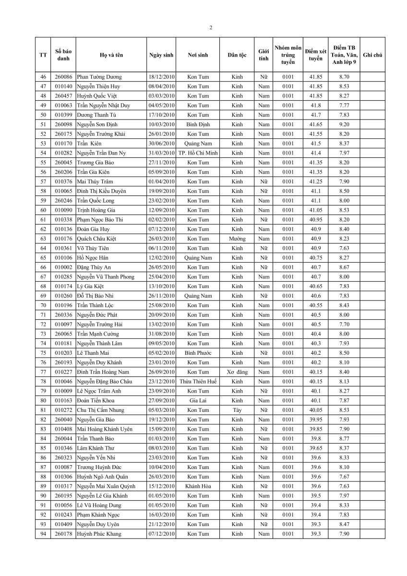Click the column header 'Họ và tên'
(x=111, y=55)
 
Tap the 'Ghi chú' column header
(x=372, y=55)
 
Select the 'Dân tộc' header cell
(x=237, y=55)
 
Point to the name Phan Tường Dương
(x=99, y=77)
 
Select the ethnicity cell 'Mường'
(x=237, y=239)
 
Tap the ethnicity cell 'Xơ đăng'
(x=237, y=372)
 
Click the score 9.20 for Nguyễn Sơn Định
(x=344, y=124)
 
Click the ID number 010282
(x=63, y=153)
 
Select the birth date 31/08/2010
(x=161, y=334)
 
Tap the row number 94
(x=43, y=533)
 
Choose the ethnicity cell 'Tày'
(x=237, y=410)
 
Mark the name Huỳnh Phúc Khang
(x=99, y=533)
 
